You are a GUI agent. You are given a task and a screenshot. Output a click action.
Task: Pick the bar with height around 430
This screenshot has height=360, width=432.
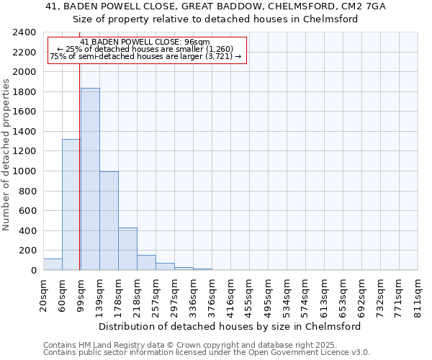point(127,249)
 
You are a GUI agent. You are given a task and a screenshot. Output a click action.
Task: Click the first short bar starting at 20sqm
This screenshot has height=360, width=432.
point(53,264)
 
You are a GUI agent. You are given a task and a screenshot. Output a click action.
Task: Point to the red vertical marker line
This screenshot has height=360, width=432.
point(79,180)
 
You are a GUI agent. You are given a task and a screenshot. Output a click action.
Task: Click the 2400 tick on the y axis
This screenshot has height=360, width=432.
point(25,32)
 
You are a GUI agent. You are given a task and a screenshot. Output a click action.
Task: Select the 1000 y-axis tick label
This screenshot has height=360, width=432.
point(25,171)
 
